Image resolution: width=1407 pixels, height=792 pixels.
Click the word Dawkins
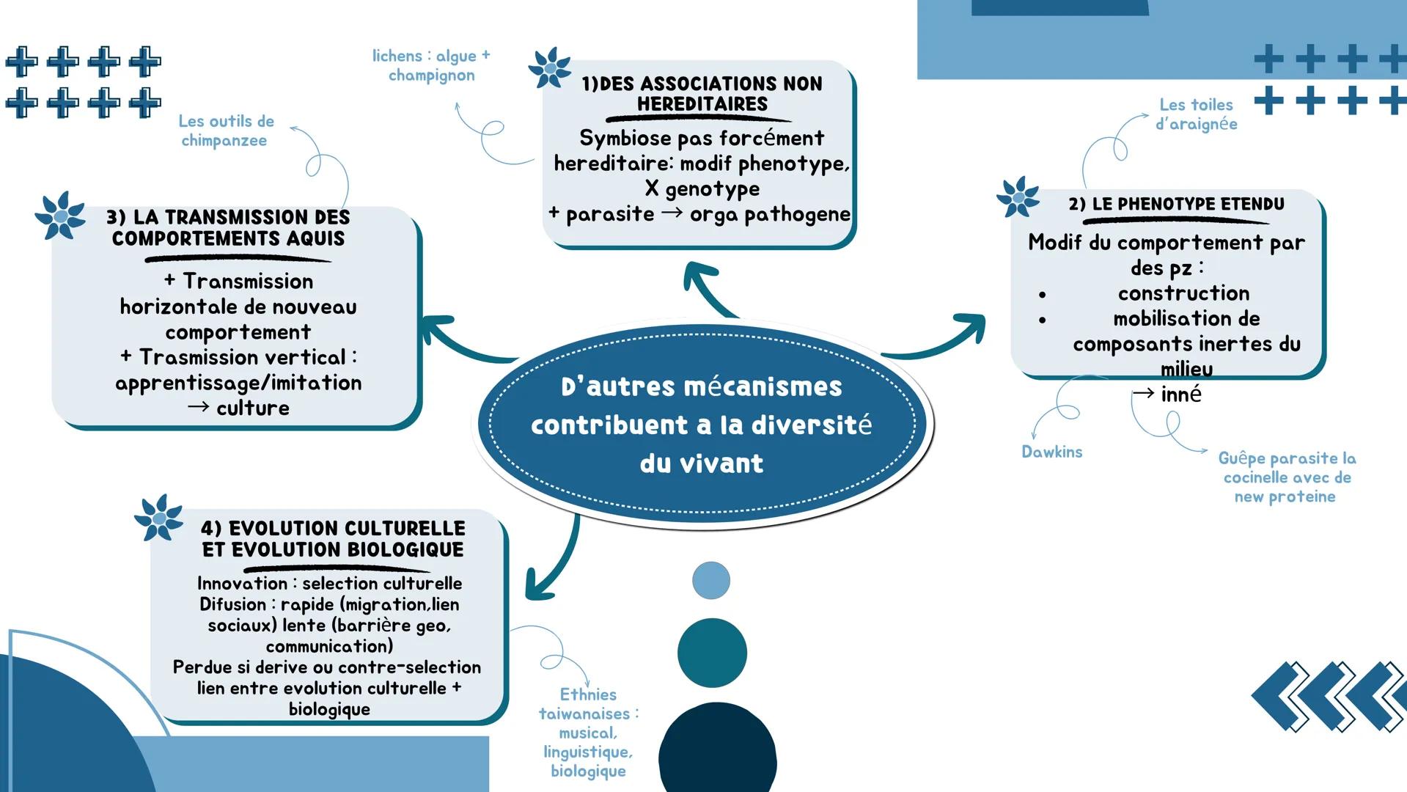pyautogui.click(x=1051, y=452)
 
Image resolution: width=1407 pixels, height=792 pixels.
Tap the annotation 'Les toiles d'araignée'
pyautogui.click(x=1196, y=114)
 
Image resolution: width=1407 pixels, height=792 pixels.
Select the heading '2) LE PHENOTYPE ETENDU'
pyautogui.click(x=1176, y=204)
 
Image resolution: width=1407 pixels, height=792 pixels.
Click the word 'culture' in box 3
pyautogui.click(x=252, y=408)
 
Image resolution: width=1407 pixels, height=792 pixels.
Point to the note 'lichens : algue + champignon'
pyautogui.click(x=431, y=65)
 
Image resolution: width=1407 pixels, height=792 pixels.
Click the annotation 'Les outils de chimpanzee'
pyautogui.click(x=225, y=131)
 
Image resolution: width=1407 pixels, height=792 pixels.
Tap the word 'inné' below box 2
pyautogui.click(x=1180, y=395)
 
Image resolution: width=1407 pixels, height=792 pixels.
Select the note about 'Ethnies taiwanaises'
pyautogui.click(x=588, y=732)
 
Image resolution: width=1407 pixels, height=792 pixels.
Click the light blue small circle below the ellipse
pyautogui.click(x=710, y=580)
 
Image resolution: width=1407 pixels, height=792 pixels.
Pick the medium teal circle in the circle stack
pyautogui.click(x=711, y=652)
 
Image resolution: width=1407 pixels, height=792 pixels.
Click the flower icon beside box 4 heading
pyautogui.click(x=158, y=518)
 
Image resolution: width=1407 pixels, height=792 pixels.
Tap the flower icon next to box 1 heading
pyautogui.click(x=549, y=68)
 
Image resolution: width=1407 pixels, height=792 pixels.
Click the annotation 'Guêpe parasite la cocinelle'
pyautogui.click(x=1286, y=477)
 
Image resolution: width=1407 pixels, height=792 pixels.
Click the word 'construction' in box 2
pyautogui.click(x=1183, y=293)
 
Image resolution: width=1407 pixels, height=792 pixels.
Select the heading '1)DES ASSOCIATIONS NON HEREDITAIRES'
pyautogui.click(x=702, y=94)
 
